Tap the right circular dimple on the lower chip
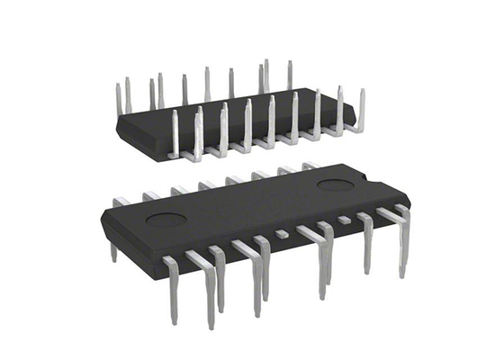[335, 185]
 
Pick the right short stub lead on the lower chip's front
[344, 220]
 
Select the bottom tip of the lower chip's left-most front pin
[173, 319]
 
